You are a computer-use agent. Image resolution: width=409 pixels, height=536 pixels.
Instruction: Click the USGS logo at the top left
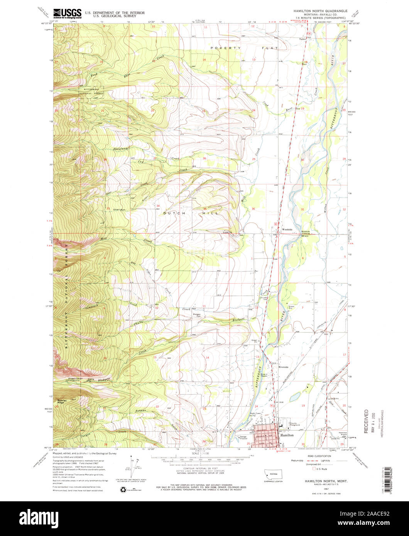pos(67,14)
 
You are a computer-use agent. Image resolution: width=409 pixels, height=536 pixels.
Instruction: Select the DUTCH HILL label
pos(191,213)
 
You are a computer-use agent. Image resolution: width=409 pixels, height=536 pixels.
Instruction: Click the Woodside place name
pos(288,229)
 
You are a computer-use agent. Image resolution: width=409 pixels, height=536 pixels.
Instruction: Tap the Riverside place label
pos(284,367)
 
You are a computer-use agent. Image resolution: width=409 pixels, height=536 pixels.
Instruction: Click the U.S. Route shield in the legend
pos(313,469)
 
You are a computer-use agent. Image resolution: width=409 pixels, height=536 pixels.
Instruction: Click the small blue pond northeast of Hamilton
pos(295,396)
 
